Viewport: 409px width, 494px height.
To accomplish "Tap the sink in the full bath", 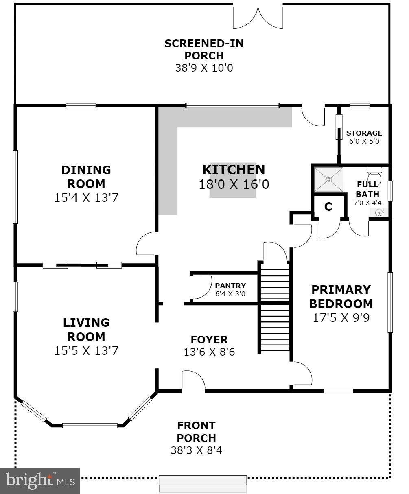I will (379, 212).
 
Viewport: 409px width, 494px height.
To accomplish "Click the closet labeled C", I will (328, 207).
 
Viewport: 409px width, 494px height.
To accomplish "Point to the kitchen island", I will (232, 180).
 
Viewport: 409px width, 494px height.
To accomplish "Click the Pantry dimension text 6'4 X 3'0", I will (230, 293).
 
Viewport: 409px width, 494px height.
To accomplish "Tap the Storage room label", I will (364, 133).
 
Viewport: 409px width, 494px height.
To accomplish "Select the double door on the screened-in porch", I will (258, 16).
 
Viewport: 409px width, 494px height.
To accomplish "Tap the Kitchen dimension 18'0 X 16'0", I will (234, 184).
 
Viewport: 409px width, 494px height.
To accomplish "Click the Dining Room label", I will (86, 176).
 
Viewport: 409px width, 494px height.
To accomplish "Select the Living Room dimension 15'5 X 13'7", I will (86, 350).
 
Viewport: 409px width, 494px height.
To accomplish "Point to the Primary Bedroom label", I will (341, 297).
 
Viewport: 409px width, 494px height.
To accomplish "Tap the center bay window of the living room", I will (90, 426).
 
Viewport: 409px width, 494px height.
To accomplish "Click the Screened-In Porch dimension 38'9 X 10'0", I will (204, 68).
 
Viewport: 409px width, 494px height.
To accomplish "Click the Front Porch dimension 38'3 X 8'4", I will (196, 450).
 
